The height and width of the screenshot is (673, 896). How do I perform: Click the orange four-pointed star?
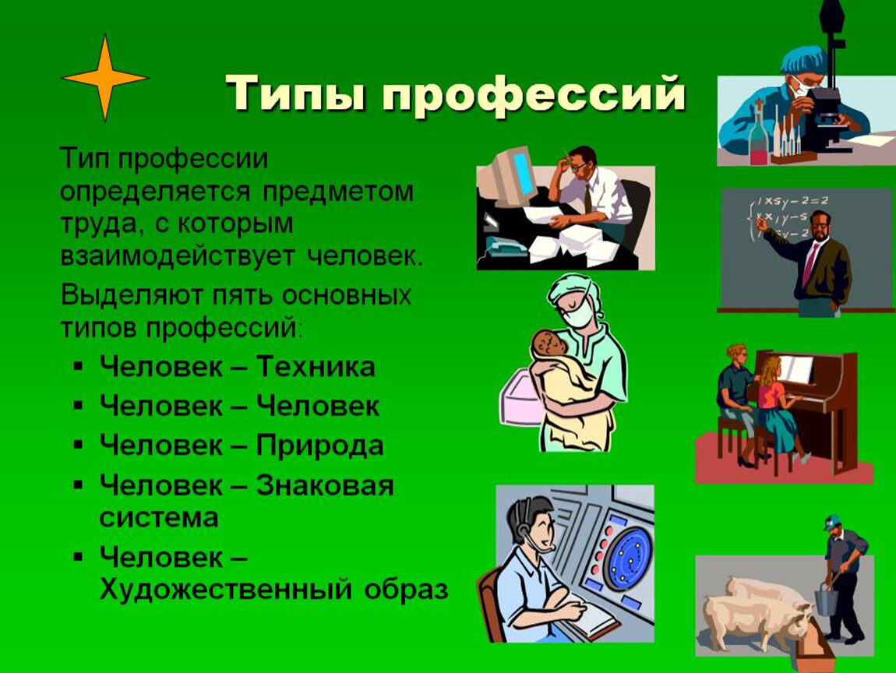pyautogui.click(x=104, y=78)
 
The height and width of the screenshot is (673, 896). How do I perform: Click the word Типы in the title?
pyautogui.click(x=296, y=93)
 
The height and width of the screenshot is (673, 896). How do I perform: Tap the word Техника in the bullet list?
pyautogui.click(x=316, y=366)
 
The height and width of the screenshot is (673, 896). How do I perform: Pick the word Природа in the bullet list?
pyautogui.click(x=319, y=446)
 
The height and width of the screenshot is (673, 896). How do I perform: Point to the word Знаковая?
pyautogui.click(x=325, y=485)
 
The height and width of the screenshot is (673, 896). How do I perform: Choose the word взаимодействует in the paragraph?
pyautogui.click(x=178, y=255)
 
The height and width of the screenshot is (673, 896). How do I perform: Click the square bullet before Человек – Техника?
pyautogui.click(x=78, y=365)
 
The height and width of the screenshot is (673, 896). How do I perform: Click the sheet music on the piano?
pyautogui.click(x=795, y=369)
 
